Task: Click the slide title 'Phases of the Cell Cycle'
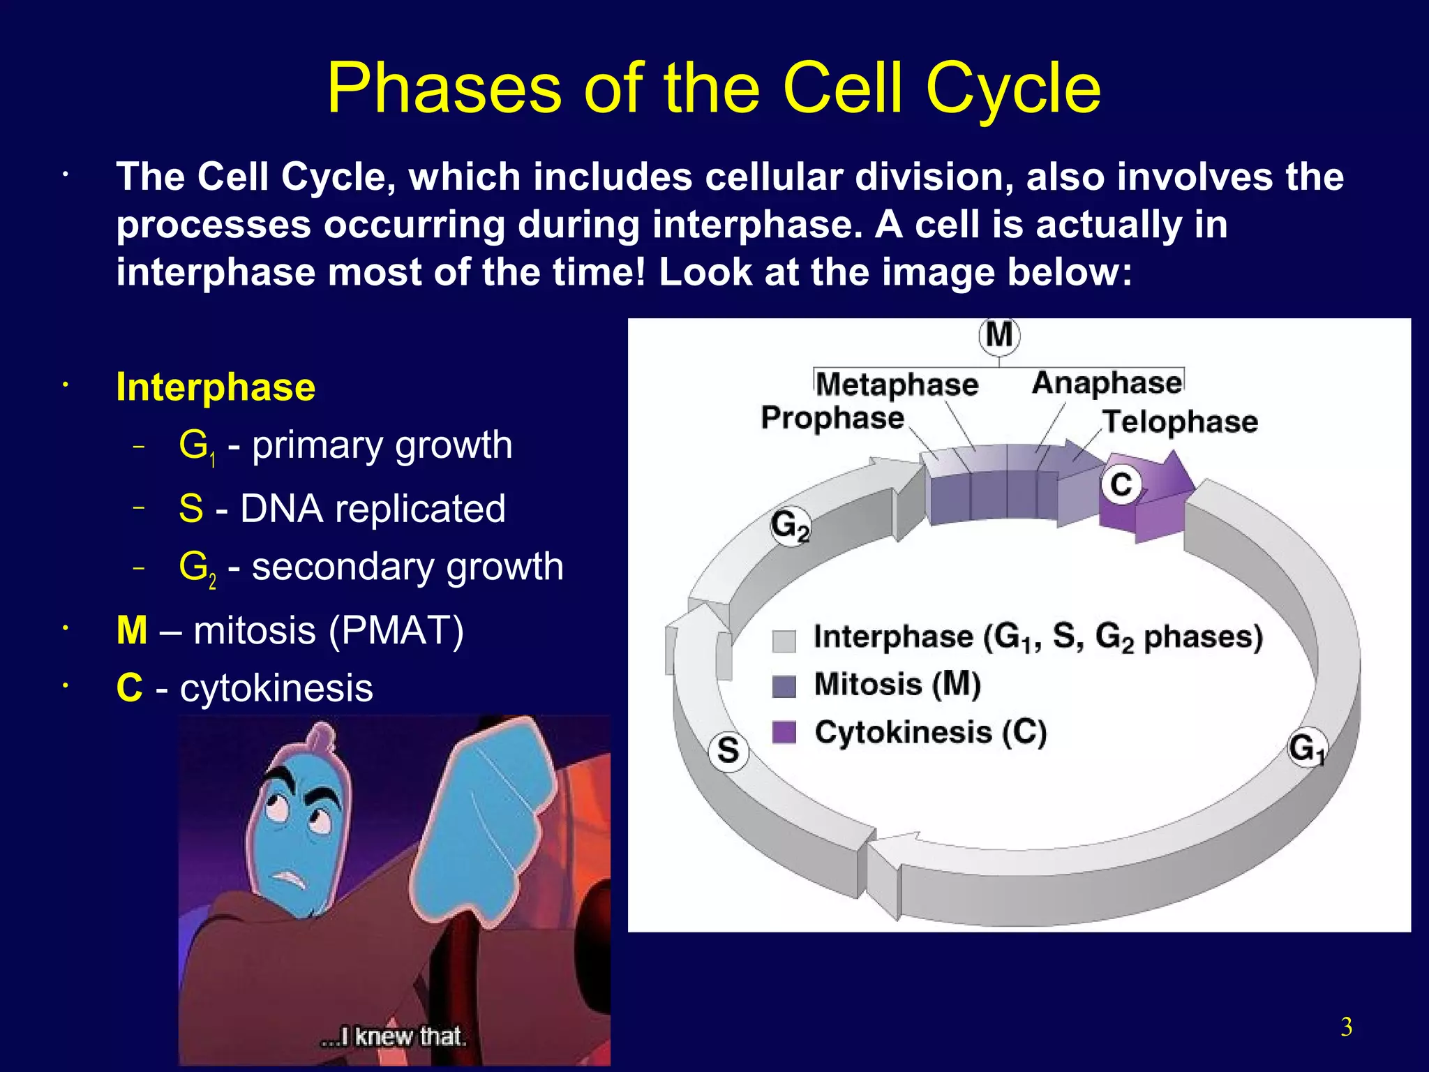(713, 89)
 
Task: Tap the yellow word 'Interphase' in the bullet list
(216, 387)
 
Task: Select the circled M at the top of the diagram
(999, 336)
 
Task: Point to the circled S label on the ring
(728, 750)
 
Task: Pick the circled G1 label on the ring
(1307, 748)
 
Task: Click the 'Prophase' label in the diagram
(832, 417)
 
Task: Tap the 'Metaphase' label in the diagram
(897, 385)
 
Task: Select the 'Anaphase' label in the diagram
(1107, 382)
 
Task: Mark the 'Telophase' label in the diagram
(1180, 422)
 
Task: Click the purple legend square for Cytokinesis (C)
(784, 733)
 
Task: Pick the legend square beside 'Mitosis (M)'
(784, 686)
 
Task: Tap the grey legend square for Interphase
(784, 641)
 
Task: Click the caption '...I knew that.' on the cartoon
(393, 1036)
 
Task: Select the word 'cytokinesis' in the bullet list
(276, 688)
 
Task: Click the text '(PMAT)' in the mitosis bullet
(396, 631)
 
